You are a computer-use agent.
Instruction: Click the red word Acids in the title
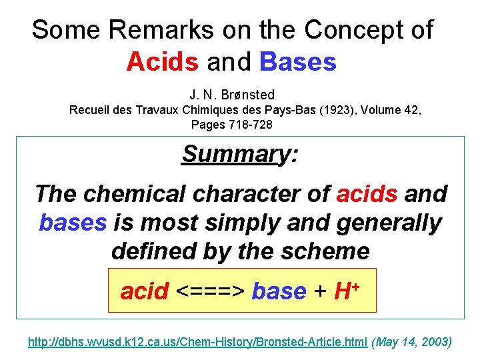[162, 62]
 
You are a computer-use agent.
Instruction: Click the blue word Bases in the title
[298, 62]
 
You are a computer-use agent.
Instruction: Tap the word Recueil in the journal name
[90, 109]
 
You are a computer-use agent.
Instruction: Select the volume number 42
[413, 109]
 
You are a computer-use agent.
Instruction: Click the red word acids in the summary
[367, 194]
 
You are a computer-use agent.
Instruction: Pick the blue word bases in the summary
[72, 223]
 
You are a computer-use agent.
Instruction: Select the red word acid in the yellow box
[144, 291]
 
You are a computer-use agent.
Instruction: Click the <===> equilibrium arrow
[210, 291]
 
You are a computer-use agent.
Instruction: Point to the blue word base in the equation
[279, 291]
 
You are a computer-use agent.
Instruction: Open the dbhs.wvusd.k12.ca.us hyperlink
[197, 342]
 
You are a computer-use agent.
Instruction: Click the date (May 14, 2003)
[411, 342]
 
